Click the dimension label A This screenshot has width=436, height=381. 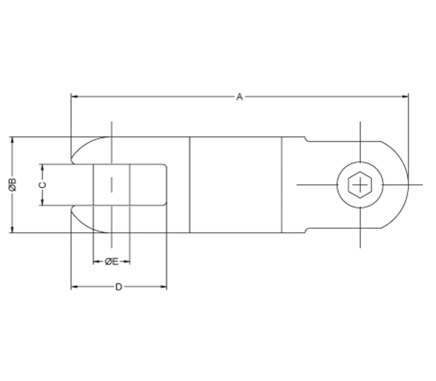coord(239,97)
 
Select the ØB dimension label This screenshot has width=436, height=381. coord(13,185)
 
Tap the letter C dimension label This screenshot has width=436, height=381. coord(42,185)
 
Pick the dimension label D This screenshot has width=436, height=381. coord(118,287)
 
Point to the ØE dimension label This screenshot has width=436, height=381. coord(112,262)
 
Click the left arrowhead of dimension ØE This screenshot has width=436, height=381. coord(96,262)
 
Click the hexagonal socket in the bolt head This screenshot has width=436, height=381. coord(360,185)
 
